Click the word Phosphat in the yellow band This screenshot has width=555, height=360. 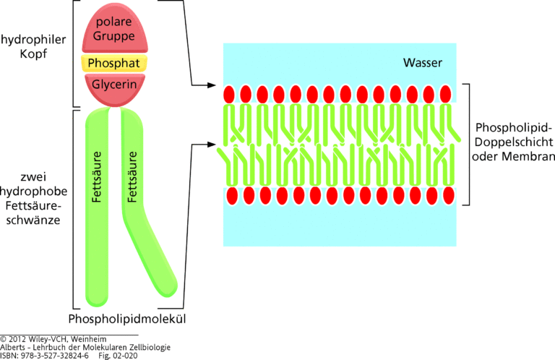[x=113, y=64]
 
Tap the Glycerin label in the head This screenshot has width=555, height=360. [x=113, y=85]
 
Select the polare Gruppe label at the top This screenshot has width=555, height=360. [x=113, y=27]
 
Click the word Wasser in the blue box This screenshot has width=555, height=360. [x=422, y=63]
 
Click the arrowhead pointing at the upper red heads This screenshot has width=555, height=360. [x=212, y=85]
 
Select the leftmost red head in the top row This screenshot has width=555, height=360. [x=228, y=94]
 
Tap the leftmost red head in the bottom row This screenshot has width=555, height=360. [x=232, y=196]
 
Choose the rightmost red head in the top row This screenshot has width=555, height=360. [x=445, y=94]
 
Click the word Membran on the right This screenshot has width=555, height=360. [x=531, y=158]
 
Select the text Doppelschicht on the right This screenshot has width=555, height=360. [x=514, y=143]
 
